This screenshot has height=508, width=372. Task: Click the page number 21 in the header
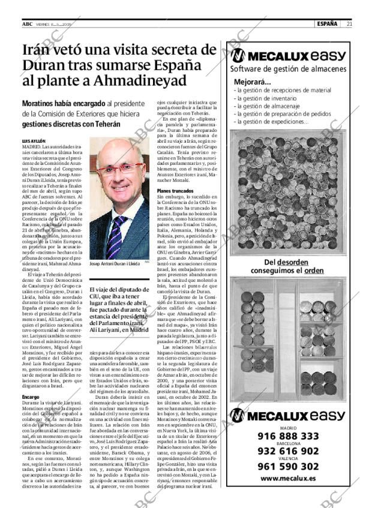349,24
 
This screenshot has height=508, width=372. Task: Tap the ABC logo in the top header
27,24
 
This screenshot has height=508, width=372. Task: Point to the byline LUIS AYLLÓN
34,141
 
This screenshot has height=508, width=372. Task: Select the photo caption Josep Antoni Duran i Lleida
115,263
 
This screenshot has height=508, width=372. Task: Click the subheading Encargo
31,397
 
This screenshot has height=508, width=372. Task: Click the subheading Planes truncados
174,191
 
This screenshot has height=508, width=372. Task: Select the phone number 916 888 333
288,436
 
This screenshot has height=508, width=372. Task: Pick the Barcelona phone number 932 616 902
288,451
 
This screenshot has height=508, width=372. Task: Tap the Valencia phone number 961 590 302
288,466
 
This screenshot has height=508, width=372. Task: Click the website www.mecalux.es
288,479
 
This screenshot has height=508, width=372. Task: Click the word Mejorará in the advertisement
252,82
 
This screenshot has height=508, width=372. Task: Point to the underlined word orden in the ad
313,270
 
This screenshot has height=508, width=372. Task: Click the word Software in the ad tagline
247,68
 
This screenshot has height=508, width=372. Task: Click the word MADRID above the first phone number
288,428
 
